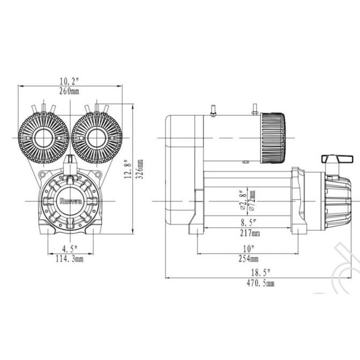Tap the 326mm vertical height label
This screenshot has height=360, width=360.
point(140,170)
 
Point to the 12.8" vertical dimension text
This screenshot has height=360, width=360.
point(127,170)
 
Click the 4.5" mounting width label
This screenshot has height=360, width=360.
point(70,249)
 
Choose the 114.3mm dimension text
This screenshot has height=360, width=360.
point(70,259)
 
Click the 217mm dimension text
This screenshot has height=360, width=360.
point(248,233)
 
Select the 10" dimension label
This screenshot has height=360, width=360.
point(248,249)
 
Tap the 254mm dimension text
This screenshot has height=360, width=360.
point(248,259)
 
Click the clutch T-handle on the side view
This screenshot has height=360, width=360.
point(337,159)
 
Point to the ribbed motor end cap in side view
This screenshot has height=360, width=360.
point(273,139)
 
